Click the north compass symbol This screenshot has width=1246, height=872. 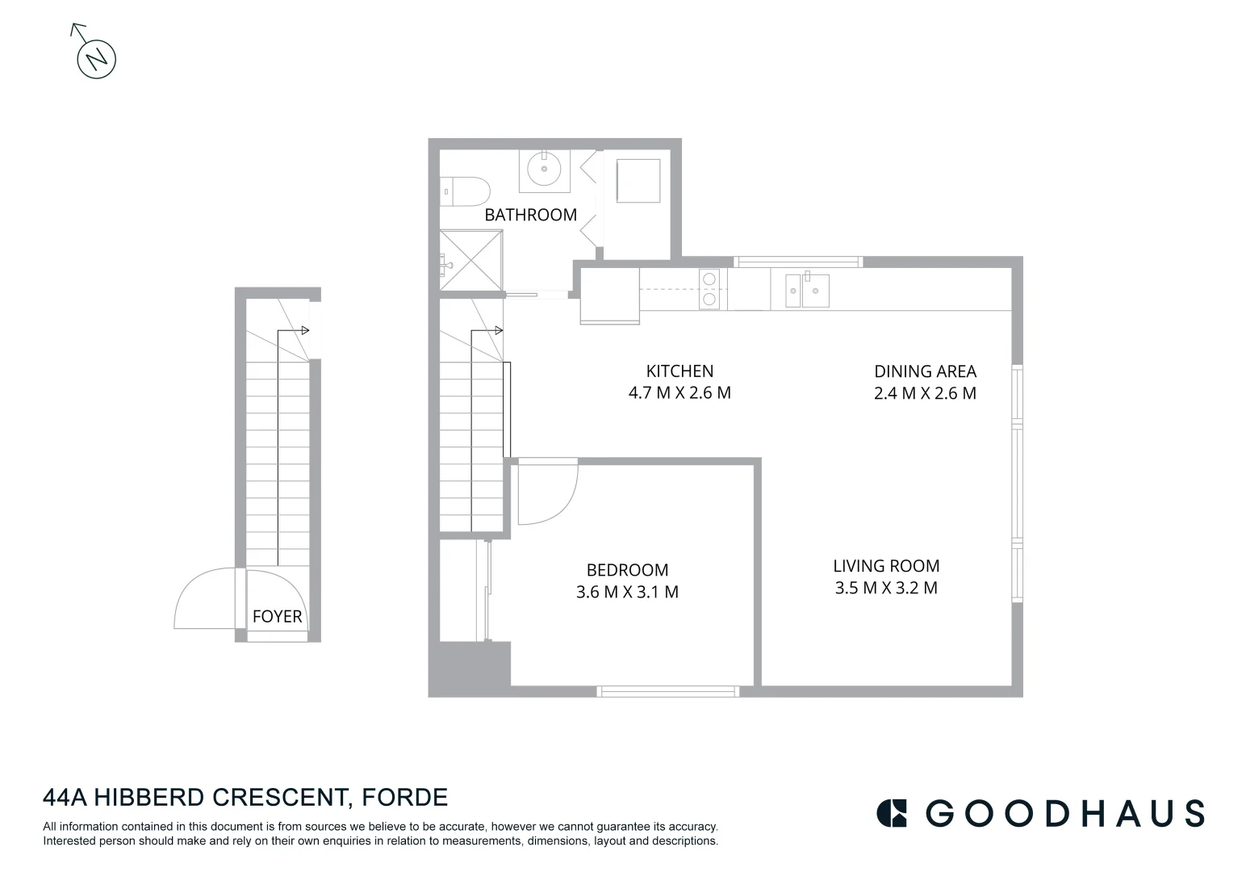click(x=96, y=58)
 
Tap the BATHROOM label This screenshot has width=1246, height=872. click(x=530, y=215)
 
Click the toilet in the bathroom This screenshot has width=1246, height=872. click(x=466, y=191)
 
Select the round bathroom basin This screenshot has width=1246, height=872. click(x=543, y=170)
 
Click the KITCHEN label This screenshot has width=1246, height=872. click(x=679, y=371)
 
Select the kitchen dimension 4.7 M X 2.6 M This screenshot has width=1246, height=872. click(x=679, y=393)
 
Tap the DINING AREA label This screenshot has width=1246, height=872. click(x=925, y=371)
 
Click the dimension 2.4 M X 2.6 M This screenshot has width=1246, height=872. click(x=925, y=393)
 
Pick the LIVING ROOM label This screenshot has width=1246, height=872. click(x=886, y=566)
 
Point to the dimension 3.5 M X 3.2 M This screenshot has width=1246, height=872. click(x=886, y=588)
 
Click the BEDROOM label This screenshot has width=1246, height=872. click(x=627, y=570)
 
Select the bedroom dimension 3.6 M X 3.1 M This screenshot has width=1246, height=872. click(x=627, y=592)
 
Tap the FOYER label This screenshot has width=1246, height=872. click(x=277, y=617)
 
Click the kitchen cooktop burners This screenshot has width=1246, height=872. click(x=709, y=289)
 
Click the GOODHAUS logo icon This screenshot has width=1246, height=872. click(x=892, y=813)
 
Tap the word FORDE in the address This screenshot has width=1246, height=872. click(x=404, y=798)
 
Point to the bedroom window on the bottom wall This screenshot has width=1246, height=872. click(x=667, y=691)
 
